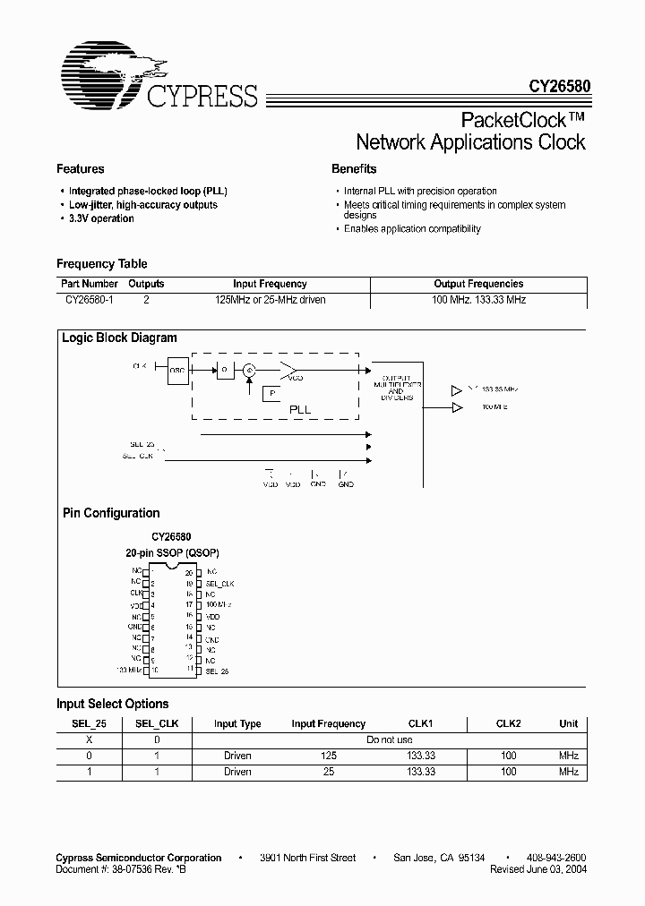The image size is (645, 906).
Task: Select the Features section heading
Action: pos(81,169)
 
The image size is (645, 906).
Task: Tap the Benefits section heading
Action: pos(354,169)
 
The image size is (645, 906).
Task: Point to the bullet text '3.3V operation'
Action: pos(101,218)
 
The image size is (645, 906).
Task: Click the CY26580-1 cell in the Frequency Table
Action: pos(87,300)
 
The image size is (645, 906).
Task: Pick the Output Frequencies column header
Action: pos(478,284)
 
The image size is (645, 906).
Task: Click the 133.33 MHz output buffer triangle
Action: pos(458,390)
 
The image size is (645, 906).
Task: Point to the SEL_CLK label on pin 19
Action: pos(219,583)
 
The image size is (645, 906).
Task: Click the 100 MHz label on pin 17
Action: pos(218,605)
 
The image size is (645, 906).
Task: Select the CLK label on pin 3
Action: pos(136,594)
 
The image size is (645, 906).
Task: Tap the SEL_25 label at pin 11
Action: pos(218,670)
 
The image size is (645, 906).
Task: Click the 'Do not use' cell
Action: pos(390,740)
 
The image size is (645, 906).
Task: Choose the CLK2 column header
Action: pos(508,723)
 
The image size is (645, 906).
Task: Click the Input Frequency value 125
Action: pos(329,756)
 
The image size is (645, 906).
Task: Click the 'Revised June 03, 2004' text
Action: pos(538,869)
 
